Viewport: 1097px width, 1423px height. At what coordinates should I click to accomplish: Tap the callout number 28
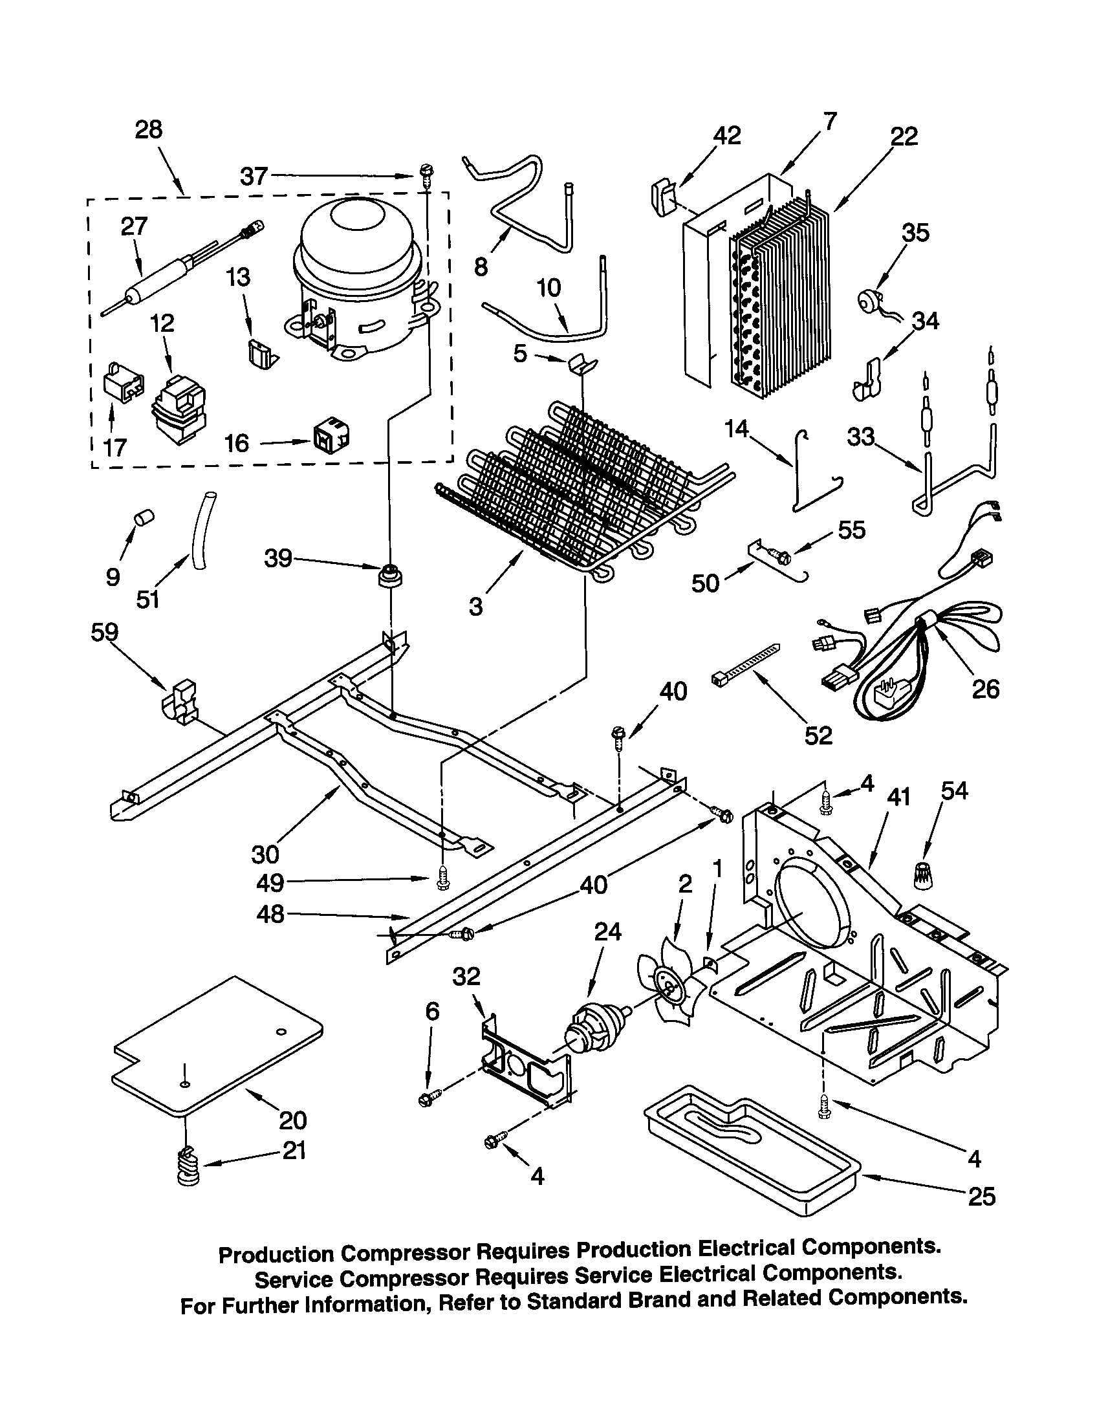tap(149, 129)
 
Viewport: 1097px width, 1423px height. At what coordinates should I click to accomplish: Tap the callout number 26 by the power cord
tap(984, 689)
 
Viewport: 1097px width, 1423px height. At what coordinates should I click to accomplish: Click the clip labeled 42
tap(662, 196)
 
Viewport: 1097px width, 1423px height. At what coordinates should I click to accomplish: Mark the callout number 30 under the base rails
tap(265, 853)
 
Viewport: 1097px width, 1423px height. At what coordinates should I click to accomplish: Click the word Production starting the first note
tap(276, 1254)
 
